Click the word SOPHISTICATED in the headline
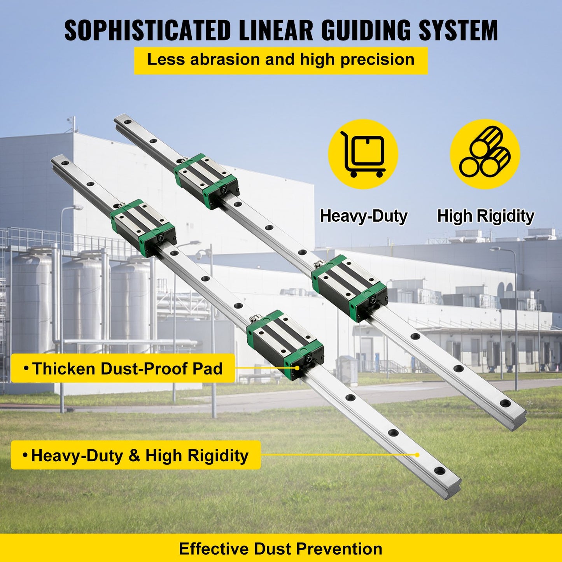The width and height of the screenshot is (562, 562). [148, 30]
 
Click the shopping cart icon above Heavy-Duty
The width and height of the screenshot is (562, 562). [363, 154]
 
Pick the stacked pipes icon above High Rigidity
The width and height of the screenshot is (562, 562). [485, 154]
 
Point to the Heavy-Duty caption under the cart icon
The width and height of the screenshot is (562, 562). [363, 216]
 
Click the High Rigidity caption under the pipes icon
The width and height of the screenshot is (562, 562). [485, 216]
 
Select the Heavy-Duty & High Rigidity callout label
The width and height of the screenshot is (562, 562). [136, 455]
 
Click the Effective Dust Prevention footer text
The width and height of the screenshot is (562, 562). [280, 548]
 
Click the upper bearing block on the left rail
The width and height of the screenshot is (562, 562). [143, 228]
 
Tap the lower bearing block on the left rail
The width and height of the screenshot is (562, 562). [285, 344]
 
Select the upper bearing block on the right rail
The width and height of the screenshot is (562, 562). [206, 181]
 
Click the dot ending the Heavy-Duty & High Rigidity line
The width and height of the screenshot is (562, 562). [417, 454]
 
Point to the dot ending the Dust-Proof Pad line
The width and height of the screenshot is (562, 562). [297, 368]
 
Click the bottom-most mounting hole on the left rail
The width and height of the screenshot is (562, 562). [440, 471]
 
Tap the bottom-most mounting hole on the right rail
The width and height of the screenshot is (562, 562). [505, 403]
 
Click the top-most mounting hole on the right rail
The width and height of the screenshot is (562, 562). [127, 124]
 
